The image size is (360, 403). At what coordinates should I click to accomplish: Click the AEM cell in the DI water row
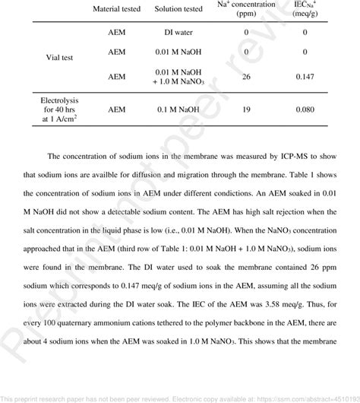pos(116,33)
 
